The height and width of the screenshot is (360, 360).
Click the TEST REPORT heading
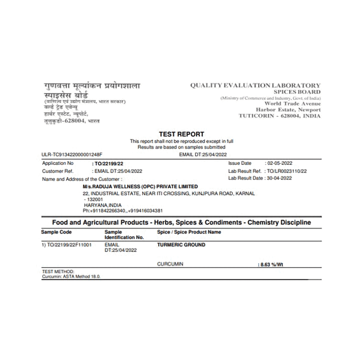tap(181, 134)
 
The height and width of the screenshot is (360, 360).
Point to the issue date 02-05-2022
tap(278, 163)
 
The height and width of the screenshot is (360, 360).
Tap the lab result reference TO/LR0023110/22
tap(287, 171)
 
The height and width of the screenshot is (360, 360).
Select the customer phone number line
tap(123, 211)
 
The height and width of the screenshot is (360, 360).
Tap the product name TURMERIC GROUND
tap(181, 245)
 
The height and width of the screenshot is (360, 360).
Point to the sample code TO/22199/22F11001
tap(66, 245)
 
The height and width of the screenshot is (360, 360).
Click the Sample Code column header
tap(56, 232)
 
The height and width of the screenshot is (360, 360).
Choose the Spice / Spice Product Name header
tap(189, 232)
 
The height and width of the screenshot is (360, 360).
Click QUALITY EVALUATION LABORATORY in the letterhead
tap(255, 86)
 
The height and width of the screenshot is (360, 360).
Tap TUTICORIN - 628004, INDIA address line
tap(279, 116)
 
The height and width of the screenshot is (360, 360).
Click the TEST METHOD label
tap(58, 271)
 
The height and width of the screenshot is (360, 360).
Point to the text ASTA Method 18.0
tap(80, 276)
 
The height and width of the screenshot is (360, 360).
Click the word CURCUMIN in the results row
tap(170, 264)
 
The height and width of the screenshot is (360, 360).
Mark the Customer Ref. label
tap(58, 171)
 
